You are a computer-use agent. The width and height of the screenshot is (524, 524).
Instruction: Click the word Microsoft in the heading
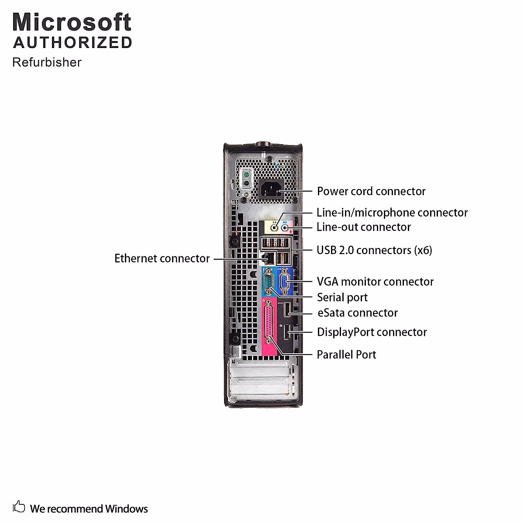pyautogui.click(x=72, y=22)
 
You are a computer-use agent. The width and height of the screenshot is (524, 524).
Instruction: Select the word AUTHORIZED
pyautogui.click(x=72, y=43)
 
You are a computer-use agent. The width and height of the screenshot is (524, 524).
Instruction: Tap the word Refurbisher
pyautogui.click(x=47, y=62)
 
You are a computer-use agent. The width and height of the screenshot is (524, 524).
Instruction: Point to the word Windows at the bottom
pyautogui.click(x=126, y=509)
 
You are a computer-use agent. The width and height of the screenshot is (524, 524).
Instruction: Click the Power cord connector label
pyautogui.click(x=371, y=191)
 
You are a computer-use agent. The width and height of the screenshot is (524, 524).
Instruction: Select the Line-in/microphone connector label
pyautogui.click(x=392, y=213)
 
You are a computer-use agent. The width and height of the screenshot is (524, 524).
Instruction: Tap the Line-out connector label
pyautogui.click(x=364, y=227)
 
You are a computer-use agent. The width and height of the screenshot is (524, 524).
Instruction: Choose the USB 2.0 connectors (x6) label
pyautogui.click(x=374, y=250)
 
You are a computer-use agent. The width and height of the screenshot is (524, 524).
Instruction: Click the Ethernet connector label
pyautogui.click(x=162, y=259)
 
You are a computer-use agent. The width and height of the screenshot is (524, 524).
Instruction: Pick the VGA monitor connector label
pyautogui.click(x=375, y=282)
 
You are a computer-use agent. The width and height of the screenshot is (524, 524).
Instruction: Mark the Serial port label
pyautogui.click(x=342, y=297)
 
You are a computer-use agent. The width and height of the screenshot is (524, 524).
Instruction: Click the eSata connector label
pyautogui.click(x=357, y=313)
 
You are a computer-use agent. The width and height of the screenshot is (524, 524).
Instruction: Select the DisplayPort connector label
pyautogui.click(x=372, y=332)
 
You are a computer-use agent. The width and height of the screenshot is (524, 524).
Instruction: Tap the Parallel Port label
pyautogui.click(x=346, y=355)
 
